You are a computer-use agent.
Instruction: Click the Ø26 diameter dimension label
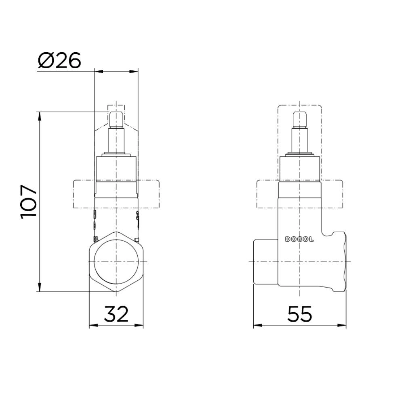click(59, 60)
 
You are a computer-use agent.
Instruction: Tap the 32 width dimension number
click(116, 314)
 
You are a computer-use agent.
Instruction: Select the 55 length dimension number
click(300, 314)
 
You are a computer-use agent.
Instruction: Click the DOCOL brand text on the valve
click(300, 239)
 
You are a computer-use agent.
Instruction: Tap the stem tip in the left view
click(116, 118)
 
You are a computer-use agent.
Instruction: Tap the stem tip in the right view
click(300, 118)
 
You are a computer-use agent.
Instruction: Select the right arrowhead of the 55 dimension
click(344, 326)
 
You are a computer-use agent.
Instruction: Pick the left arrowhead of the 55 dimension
click(256, 326)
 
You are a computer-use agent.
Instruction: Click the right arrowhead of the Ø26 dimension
click(135, 72)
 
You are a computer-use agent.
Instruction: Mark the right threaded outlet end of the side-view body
click(341, 262)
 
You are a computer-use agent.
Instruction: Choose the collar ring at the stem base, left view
click(116, 154)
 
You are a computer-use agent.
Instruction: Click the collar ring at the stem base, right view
click(300, 154)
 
